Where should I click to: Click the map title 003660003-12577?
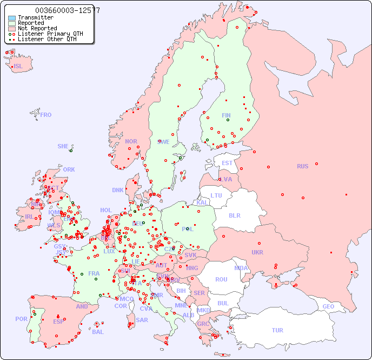pyautogui.click(x=67, y=10)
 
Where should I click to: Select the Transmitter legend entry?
pyautogui.click(x=35, y=17)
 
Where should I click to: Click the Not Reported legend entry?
pyautogui.click(x=37, y=28)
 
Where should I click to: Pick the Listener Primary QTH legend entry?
pyautogui.click(x=50, y=34)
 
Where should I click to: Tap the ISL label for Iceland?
pyautogui.click(x=18, y=67)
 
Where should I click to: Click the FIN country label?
pyautogui.click(x=226, y=115)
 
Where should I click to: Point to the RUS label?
pyautogui.click(x=302, y=166)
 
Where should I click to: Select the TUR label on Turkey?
pyautogui.click(x=277, y=330)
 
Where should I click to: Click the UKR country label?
pyautogui.click(x=257, y=252)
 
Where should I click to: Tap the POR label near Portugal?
pyautogui.click(x=21, y=319)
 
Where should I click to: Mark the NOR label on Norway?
pyautogui.click(x=131, y=141)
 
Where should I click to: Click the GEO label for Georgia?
pyautogui.click(x=328, y=306)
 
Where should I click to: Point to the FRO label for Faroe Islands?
pyautogui.click(x=45, y=115)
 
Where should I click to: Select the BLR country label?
pyautogui.click(x=235, y=215)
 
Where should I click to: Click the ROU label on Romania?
pyautogui.click(x=221, y=279)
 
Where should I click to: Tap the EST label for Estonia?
pyautogui.click(x=227, y=163)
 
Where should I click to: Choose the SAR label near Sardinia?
pyautogui.click(x=142, y=320)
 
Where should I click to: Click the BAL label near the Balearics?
pyautogui.click(x=97, y=332)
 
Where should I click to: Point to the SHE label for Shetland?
pyautogui.click(x=63, y=146)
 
